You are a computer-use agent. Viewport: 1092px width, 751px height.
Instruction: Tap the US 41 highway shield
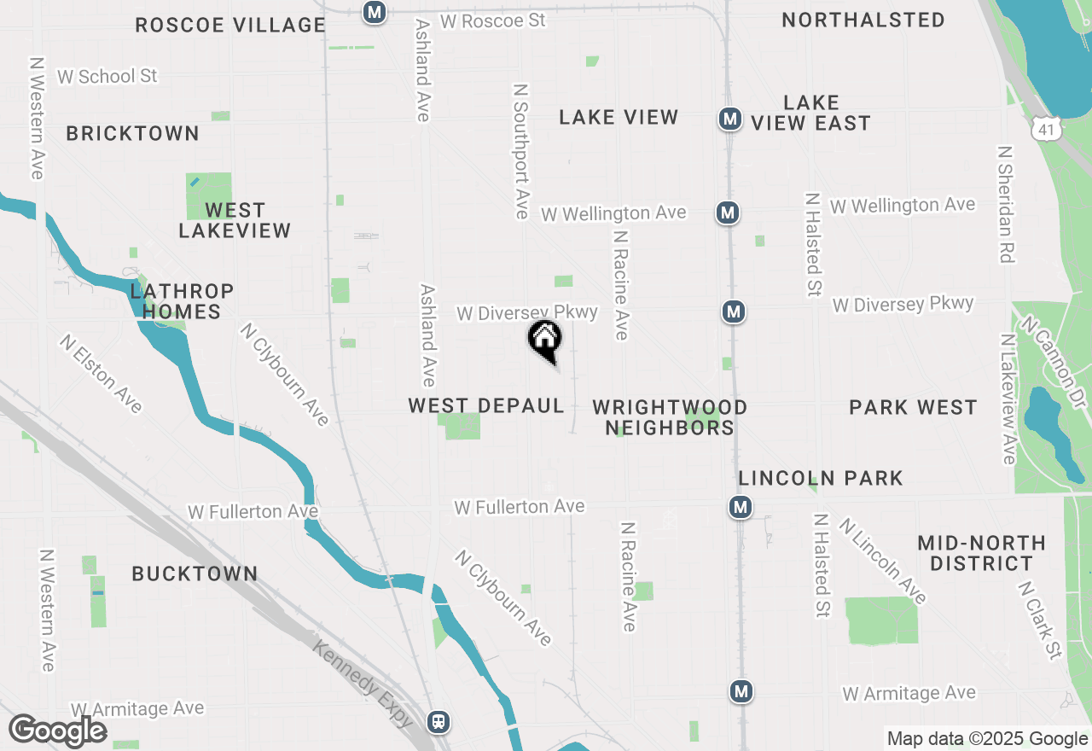[x=1045, y=128]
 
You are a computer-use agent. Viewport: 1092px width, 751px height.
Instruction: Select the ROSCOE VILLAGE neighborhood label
[x=230, y=25]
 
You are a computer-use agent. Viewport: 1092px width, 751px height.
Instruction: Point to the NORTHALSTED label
[x=863, y=20]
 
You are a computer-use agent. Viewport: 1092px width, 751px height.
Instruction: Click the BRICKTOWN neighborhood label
[x=132, y=133]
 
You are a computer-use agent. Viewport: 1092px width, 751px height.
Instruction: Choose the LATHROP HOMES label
[x=182, y=301]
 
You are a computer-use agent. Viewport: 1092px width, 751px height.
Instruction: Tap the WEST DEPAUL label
[x=486, y=406]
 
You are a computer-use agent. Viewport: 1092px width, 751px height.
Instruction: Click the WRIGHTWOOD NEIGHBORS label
[x=670, y=417]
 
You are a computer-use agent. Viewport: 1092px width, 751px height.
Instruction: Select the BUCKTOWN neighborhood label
[x=195, y=573]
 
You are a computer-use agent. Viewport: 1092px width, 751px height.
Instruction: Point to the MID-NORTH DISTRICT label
[x=981, y=553]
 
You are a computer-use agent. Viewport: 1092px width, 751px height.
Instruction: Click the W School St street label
[x=107, y=76]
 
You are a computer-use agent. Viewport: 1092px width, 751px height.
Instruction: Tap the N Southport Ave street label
[x=521, y=150]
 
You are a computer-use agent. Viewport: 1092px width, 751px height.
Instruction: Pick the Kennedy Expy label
[x=363, y=683]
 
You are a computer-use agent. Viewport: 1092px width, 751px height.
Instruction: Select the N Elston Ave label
[x=101, y=373]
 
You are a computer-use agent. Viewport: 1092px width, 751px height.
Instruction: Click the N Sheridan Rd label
[x=1007, y=203]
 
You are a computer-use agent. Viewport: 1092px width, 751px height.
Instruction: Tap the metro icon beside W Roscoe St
[x=374, y=12]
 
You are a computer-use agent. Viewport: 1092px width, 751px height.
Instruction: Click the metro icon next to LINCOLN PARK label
[x=740, y=508]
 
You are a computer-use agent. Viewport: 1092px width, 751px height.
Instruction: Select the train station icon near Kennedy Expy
[x=439, y=721]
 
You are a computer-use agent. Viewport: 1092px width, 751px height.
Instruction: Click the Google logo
[x=57, y=731]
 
